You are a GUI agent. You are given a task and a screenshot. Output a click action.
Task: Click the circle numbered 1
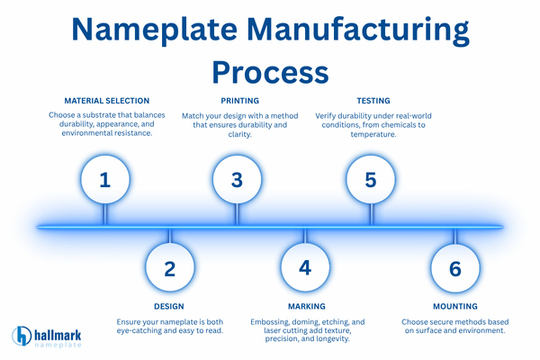(104, 179)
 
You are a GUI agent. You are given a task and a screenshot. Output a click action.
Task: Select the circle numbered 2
(169, 268)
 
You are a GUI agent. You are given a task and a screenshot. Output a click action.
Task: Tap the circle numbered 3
(237, 179)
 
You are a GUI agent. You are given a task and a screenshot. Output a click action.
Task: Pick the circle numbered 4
(305, 268)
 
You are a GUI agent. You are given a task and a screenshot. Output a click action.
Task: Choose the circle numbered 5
(370, 179)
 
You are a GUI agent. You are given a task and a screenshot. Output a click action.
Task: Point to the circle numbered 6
(454, 268)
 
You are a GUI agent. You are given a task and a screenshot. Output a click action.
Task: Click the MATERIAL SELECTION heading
(106, 101)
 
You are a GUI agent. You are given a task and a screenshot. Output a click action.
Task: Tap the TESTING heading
(372, 101)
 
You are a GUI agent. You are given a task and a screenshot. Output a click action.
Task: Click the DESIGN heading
(169, 307)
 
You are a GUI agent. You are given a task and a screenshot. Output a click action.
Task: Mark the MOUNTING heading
(454, 307)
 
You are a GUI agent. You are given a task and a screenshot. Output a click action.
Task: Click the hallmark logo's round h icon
(22, 337)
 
